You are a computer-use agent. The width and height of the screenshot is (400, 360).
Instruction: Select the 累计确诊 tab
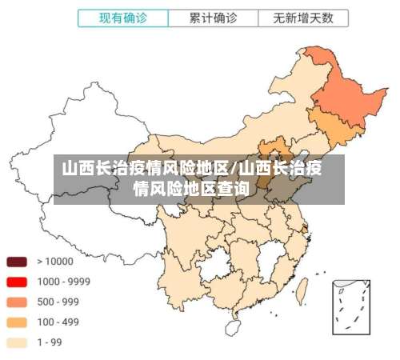pos(213,17)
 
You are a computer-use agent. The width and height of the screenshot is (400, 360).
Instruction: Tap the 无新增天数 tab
pos(303,17)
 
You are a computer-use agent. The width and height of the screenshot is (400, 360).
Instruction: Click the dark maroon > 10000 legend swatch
pos(18,262)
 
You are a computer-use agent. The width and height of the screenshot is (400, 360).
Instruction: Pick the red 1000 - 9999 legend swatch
pos(18,282)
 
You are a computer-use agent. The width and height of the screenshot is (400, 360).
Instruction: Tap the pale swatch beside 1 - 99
pos(18,342)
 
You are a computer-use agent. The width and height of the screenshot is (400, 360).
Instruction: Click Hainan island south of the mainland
pos(233,327)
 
